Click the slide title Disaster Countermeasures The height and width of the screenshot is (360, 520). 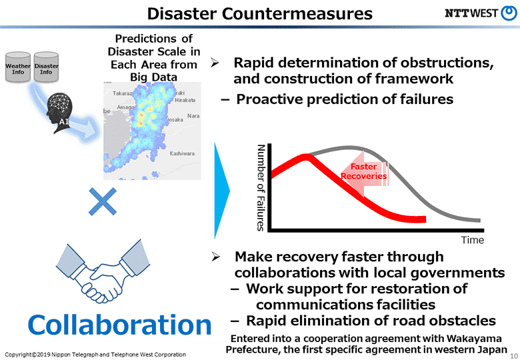click(259, 13)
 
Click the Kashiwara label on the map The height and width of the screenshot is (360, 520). click(182, 153)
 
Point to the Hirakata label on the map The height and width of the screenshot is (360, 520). click(185, 100)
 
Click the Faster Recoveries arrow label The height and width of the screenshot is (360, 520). click(363, 171)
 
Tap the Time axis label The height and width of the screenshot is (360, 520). click(472, 240)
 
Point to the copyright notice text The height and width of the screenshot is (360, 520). click(95, 353)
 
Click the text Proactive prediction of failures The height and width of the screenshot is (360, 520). click(345, 100)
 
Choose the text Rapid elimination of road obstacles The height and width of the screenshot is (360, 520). click(371, 320)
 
